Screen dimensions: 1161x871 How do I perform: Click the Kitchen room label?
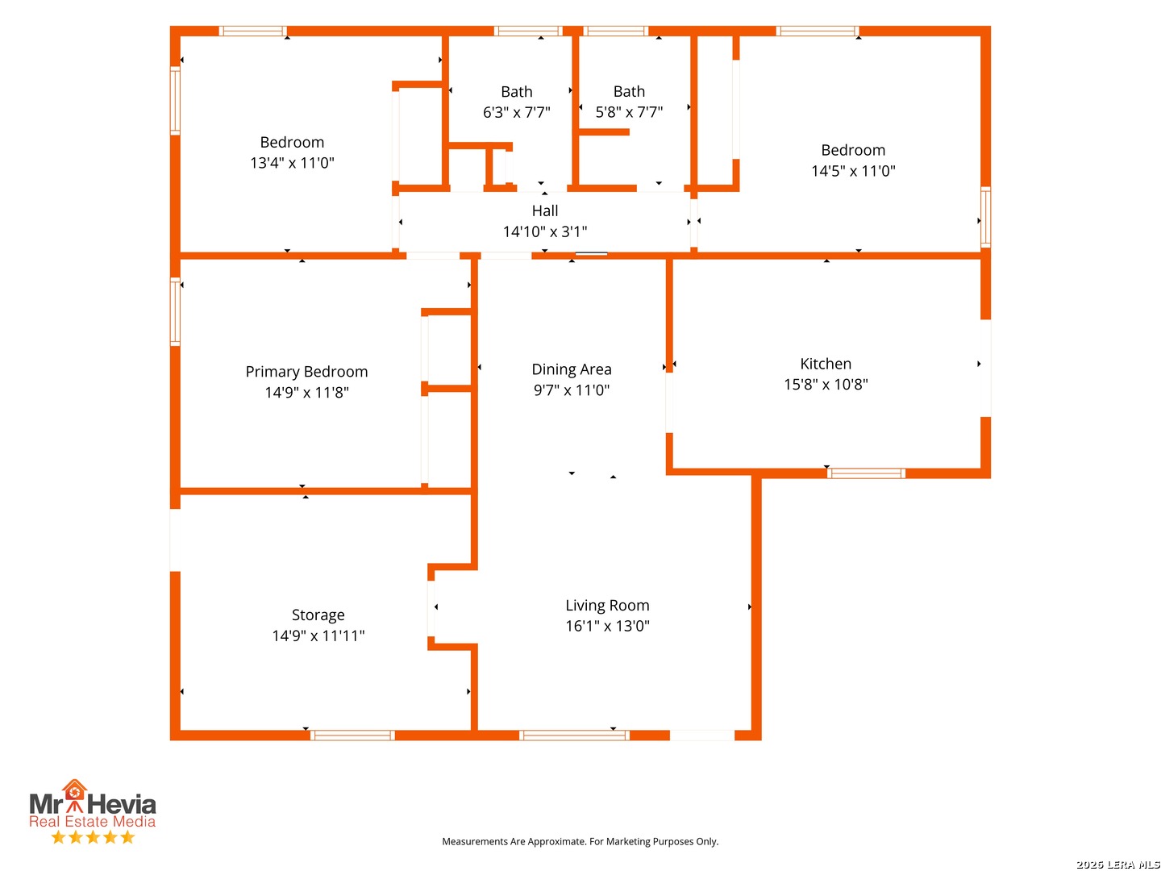tap(825, 363)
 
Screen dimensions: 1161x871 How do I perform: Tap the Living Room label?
tap(606, 605)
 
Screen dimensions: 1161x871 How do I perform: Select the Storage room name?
tap(318, 615)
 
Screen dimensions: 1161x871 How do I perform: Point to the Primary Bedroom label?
tap(306, 371)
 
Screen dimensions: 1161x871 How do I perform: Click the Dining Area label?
tap(572, 369)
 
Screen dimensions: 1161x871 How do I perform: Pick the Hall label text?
tap(544, 210)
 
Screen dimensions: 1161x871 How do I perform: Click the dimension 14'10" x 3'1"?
tap(544, 231)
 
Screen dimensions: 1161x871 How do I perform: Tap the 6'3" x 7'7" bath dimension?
tap(516, 112)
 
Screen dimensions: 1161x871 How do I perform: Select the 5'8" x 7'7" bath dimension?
tap(628, 111)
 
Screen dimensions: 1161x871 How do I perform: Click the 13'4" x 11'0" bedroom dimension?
tap(292, 162)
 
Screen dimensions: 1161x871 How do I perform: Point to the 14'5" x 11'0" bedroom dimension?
tap(853, 170)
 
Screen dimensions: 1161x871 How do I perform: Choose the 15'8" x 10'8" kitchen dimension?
tap(825, 384)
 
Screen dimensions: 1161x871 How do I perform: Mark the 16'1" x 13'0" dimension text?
tap(606, 626)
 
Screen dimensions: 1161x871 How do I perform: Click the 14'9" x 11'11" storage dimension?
tap(318, 636)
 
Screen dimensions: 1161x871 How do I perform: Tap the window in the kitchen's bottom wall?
tap(865, 473)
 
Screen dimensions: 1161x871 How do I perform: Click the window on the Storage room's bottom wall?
tap(352, 735)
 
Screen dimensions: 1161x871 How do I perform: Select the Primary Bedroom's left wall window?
tap(175, 311)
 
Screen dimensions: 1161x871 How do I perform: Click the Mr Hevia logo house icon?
tap(74, 791)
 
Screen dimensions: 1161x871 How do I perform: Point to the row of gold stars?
tap(93, 836)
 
